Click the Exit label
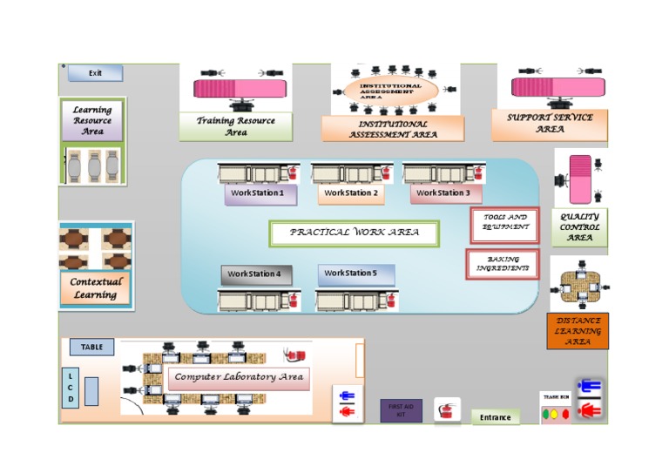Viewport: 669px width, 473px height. pyautogui.click(x=95, y=73)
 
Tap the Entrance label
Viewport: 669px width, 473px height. pyautogui.click(x=496, y=418)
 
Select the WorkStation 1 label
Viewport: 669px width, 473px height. pyautogui.click(x=260, y=193)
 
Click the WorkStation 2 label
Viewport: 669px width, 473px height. pyautogui.click(x=350, y=193)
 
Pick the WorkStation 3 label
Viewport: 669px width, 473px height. pyautogui.click(x=443, y=193)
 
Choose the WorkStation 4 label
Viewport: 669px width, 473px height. pyautogui.click(x=255, y=274)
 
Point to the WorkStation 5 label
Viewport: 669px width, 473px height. pyautogui.click(x=355, y=274)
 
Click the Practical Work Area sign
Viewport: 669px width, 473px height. pyautogui.click(x=354, y=233)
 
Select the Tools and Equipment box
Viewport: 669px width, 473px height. pyautogui.click(x=504, y=223)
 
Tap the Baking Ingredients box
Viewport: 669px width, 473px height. pyautogui.click(x=502, y=264)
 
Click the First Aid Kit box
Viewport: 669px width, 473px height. pyautogui.click(x=401, y=410)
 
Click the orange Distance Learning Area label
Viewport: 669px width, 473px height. pyautogui.click(x=578, y=332)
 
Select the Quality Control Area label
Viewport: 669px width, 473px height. pyautogui.click(x=580, y=227)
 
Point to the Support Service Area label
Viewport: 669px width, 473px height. pyautogui.click(x=550, y=124)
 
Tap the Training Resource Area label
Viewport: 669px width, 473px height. pyautogui.click(x=235, y=127)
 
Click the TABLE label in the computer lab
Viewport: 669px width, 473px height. pyautogui.click(x=91, y=348)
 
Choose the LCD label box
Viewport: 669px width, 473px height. pyautogui.click(x=71, y=388)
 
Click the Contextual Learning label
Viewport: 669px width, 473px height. pyautogui.click(x=95, y=288)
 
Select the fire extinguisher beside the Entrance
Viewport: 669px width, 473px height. pyautogui.click(x=447, y=409)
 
